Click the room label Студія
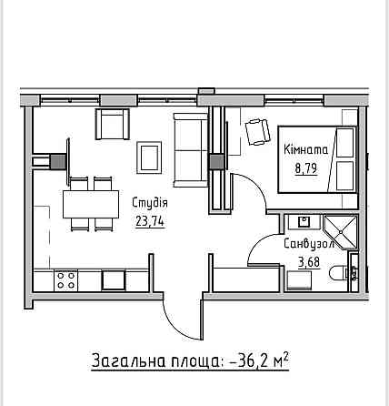150,203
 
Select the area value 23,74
150,221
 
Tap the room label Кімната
305,149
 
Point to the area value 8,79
306,167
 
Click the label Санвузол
309,244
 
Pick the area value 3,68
309,262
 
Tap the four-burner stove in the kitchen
65,280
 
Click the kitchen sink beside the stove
114,280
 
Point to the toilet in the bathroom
339,274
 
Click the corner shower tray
341,232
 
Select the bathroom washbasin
304,222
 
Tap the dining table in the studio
91,204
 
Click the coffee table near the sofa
149,157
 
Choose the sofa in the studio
191,150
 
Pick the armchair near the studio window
113,124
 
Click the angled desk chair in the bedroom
257,132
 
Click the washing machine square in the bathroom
299,280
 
